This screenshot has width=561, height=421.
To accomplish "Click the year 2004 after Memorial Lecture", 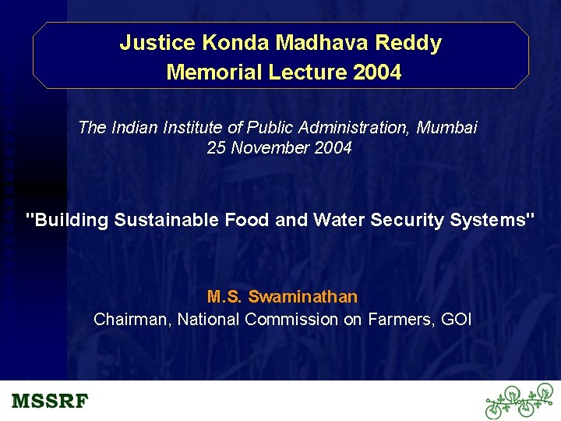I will (377, 73).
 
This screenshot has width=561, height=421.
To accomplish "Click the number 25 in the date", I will (216, 147).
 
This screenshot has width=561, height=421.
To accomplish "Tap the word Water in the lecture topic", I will (339, 220).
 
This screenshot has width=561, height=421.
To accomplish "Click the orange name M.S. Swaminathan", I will (282, 297).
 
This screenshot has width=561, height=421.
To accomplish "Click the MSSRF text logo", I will (51, 402).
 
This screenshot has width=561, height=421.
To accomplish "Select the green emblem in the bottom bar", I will (519, 401).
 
